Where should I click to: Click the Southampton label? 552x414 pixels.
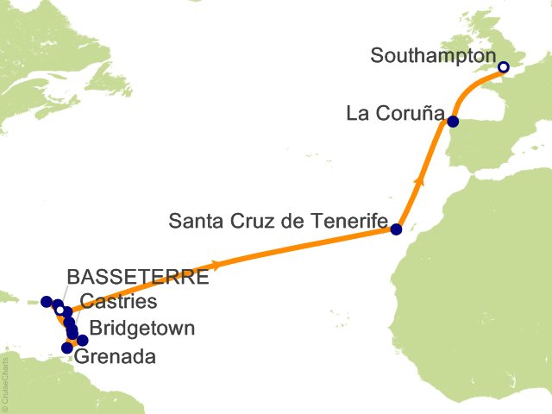pos(431,56)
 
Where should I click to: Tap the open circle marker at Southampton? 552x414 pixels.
pos(504,67)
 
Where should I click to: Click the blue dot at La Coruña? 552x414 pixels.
pos(453,122)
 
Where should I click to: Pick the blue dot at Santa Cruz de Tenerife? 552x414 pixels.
pos(396,229)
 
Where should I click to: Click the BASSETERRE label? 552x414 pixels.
pos(138,278)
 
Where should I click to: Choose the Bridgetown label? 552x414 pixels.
pos(142,329)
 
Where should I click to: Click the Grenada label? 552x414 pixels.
pos(116,356)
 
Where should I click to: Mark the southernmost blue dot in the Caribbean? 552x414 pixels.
pos(66,348)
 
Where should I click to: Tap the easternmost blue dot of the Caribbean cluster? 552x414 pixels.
pos(83,341)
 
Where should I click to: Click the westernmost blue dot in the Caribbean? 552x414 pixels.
pos(46,301)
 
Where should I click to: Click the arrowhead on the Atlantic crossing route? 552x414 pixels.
pos(215,264)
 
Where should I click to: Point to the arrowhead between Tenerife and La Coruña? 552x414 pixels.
pos(419,180)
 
